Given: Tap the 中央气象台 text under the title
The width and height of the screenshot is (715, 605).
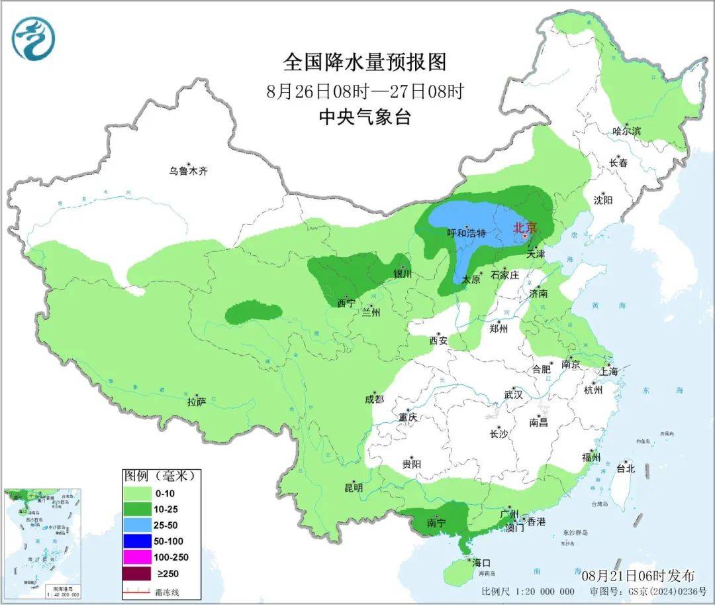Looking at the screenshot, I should click(365, 117).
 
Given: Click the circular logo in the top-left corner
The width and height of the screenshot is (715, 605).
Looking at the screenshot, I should click(32, 38).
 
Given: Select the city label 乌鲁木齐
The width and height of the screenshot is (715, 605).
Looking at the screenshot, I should click(188, 171).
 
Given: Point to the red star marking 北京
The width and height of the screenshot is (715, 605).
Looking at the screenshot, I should click(525, 236).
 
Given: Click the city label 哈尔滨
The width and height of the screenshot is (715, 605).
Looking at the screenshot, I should click(626, 131).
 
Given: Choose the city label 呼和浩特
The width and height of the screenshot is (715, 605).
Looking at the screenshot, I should click(467, 233).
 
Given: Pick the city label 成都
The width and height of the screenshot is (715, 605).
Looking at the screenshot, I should click(373, 399).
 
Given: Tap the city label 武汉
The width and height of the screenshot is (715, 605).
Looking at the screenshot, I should click(513, 394).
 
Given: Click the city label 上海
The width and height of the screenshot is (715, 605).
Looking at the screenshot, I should click(608, 372).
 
